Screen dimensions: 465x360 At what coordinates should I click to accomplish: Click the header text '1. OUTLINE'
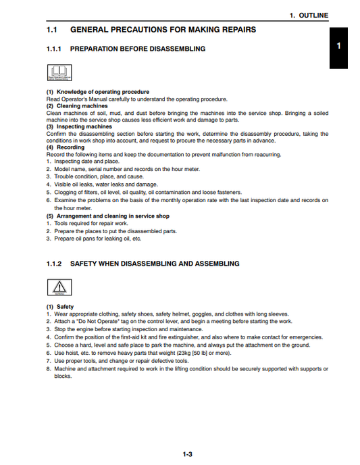309,15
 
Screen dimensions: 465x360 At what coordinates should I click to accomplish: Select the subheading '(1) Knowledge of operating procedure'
98,92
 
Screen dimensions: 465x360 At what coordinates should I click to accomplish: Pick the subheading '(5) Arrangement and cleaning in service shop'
108,216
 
